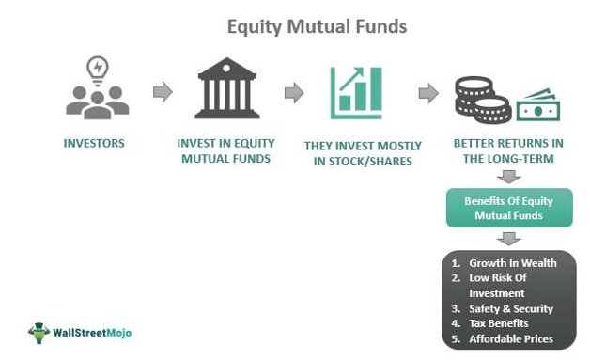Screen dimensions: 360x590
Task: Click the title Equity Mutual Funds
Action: click(x=317, y=26)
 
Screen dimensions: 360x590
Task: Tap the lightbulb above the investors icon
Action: click(x=97, y=67)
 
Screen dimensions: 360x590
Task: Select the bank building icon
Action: click(x=227, y=92)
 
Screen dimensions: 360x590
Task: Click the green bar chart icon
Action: click(x=355, y=92)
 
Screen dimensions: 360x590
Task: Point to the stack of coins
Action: click(x=482, y=99)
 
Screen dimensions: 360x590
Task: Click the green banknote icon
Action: click(x=538, y=105)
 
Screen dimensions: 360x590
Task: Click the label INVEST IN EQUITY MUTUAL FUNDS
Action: click(x=228, y=150)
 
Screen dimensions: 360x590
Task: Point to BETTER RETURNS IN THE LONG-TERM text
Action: click(x=507, y=150)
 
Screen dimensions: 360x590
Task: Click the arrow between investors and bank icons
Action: click(x=163, y=92)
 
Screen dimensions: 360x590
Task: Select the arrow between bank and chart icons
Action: click(x=293, y=92)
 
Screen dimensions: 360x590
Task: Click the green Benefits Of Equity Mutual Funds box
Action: click(x=508, y=208)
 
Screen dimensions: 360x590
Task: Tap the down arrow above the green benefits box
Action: click(x=508, y=176)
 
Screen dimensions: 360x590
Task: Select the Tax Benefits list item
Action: click(x=498, y=323)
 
